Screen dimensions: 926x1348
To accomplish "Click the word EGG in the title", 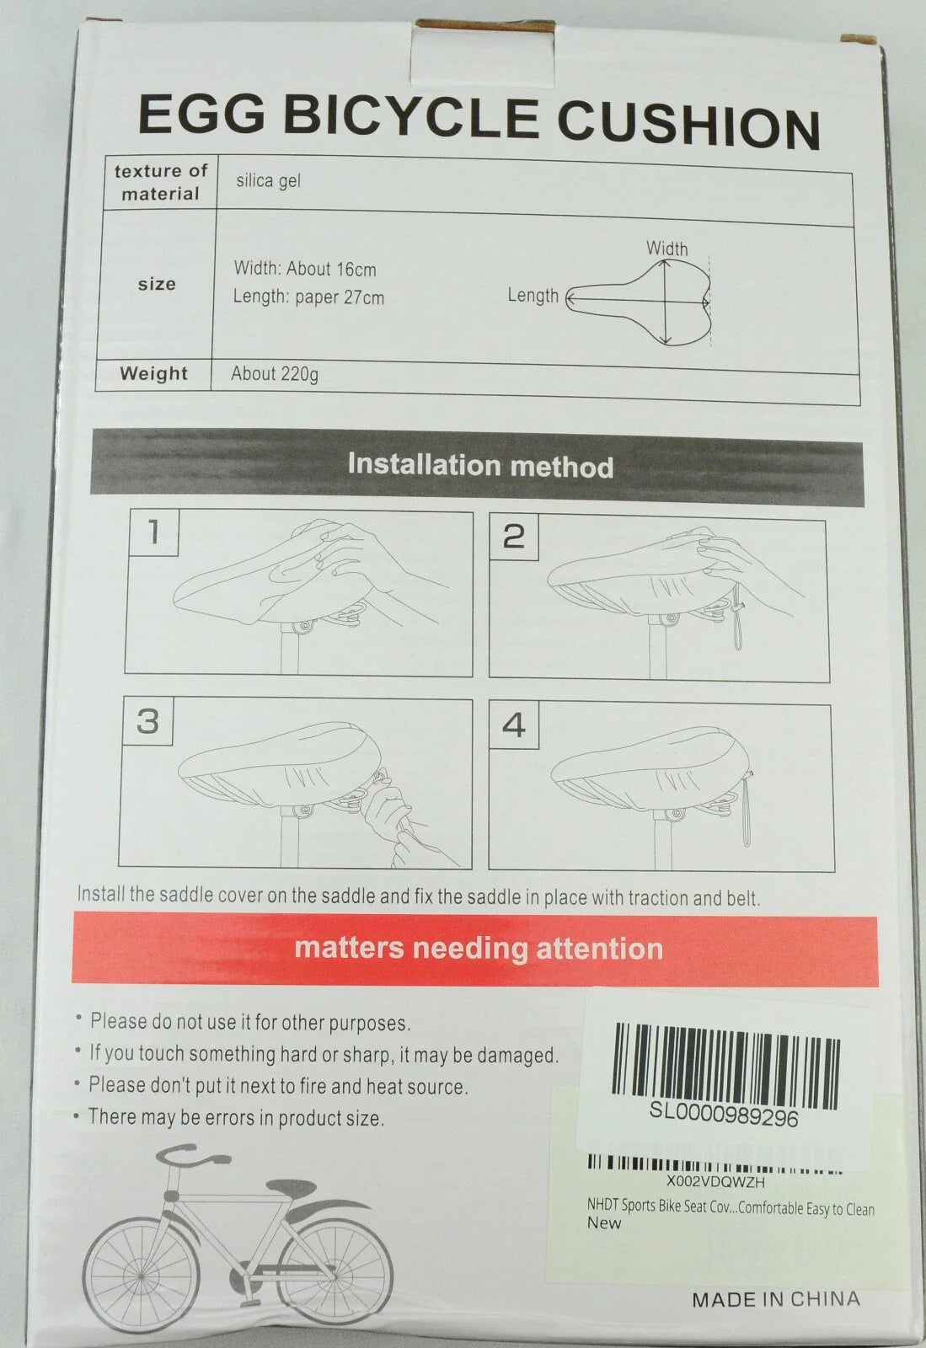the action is pos(201,114).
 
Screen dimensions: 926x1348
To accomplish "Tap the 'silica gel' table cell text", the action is pos(268,180).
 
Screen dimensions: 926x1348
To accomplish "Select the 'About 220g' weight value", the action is pos(275,374).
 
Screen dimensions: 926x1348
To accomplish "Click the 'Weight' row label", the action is pos(153,373).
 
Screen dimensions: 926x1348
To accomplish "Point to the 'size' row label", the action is pos(157,284).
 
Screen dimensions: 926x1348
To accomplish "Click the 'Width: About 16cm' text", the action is pos(305,269).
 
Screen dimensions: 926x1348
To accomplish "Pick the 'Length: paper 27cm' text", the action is pos(308,297).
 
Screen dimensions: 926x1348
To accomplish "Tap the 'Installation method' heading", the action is pos(480,465).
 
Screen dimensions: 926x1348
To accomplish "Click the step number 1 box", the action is pos(154,532).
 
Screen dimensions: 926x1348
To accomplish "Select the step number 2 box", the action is pos(513,537).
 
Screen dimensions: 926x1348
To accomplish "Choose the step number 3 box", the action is pos(147,721).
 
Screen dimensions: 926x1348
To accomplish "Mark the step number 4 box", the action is pos(513,725).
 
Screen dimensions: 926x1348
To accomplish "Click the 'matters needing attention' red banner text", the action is pos(479,948).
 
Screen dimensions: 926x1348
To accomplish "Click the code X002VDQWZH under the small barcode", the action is pos(715,1182).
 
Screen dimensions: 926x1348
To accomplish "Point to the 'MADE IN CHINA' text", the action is pos(775,1299).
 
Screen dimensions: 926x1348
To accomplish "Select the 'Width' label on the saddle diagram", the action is pos(666,248).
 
